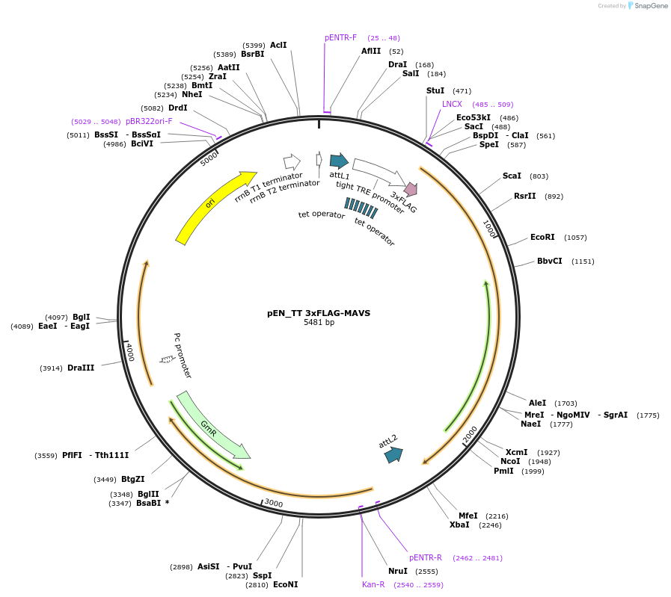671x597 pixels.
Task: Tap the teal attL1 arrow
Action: [339, 160]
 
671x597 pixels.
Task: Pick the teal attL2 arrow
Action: [393, 454]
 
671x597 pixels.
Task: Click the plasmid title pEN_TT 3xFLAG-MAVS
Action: [319, 313]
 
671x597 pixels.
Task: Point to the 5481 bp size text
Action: [319, 323]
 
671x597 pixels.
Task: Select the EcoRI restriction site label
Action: [542, 237]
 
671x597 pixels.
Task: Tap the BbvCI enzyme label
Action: [549, 261]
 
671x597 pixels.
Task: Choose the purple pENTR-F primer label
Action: [340, 37]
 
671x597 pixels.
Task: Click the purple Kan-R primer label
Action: [373, 584]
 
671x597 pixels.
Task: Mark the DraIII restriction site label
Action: [81, 368]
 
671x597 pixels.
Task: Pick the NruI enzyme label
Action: [398, 571]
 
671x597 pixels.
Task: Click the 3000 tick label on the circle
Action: [274, 504]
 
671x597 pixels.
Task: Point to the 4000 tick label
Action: [129, 351]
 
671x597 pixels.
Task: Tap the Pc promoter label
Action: [183, 356]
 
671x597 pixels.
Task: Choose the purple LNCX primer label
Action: [452, 104]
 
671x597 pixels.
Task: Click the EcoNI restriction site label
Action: [285, 584]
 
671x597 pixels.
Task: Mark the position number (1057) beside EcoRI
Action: [575, 238]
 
